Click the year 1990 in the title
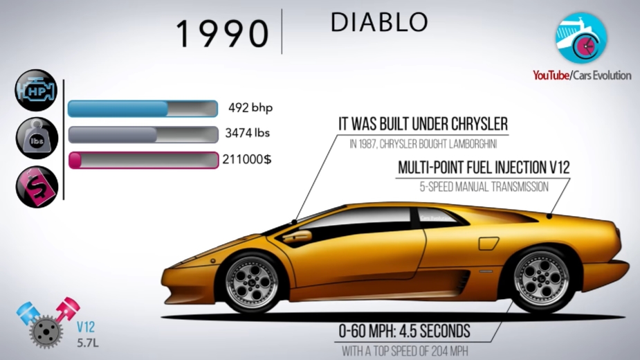tap(222, 34)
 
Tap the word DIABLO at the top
tap(379, 22)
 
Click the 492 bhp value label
tap(250, 108)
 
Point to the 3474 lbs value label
tap(247, 133)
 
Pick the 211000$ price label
tap(246, 159)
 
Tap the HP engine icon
tap(36, 90)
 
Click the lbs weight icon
tap(37, 138)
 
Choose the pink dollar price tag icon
tap(37, 186)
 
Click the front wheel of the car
tap(252, 282)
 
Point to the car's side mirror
tap(298, 237)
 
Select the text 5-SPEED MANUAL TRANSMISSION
tap(484, 187)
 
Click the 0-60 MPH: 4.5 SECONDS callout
tap(404, 332)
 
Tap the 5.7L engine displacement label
tap(88, 343)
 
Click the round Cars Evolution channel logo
tap(580, 38)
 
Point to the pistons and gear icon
tap(48, 323)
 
